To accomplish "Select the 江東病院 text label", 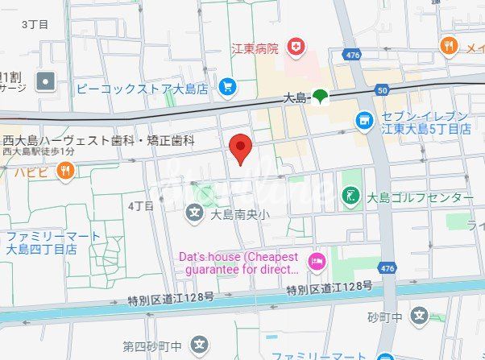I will (254, 48).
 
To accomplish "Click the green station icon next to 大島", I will (321, 97).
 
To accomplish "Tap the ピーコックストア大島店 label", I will (143, 86).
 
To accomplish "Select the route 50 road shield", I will (382, 91).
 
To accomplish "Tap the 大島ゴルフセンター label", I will (420, 197).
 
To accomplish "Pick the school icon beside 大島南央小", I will (194, 214).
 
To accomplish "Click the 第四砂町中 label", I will (151, 346).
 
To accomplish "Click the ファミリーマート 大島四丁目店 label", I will (53, 242).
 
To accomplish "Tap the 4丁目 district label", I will (140, 206).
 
